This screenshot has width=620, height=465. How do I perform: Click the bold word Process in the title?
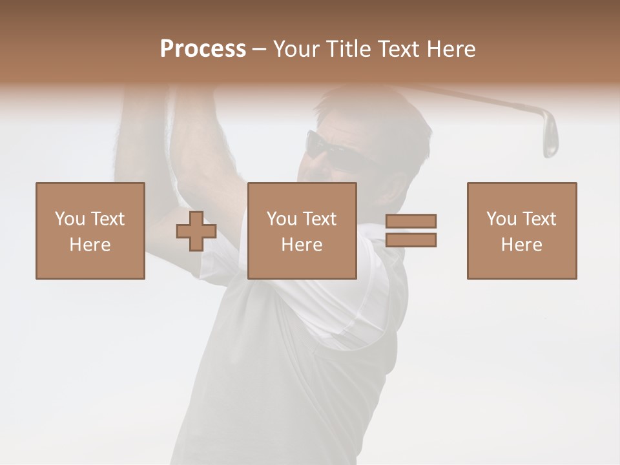(x=203, y=49)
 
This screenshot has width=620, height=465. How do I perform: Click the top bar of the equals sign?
(x=411, y=221)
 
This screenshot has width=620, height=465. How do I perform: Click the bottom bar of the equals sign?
(x=411, y=240)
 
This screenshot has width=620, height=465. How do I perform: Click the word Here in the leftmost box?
(x=90, y=245)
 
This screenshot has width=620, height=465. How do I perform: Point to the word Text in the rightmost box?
(x=539, y=219)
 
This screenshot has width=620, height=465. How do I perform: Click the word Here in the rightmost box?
(x=522, y=245)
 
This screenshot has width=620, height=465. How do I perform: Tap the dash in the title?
(x=260, y=49)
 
